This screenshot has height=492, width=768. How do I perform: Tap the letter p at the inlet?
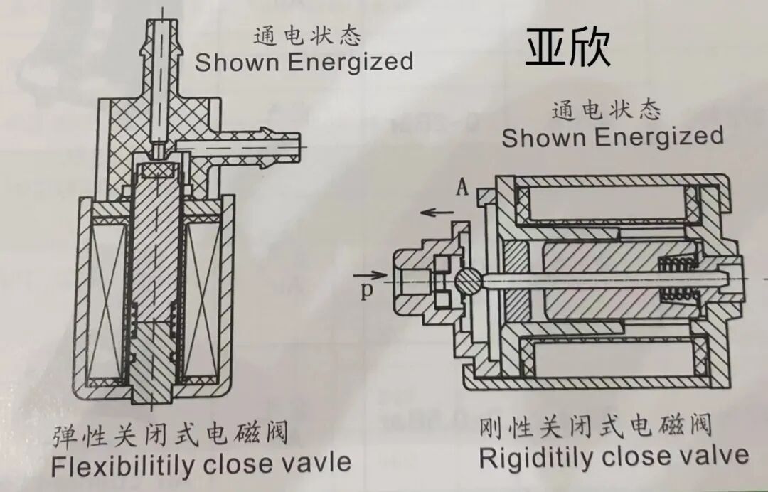click(366, 291)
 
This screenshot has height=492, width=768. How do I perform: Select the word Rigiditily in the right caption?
click(536, 457)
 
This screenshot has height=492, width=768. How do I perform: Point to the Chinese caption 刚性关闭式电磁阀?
click(597, 427)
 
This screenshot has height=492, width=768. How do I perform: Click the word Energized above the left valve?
click(351, 61)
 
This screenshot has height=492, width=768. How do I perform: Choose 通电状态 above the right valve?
click(606, 110)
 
